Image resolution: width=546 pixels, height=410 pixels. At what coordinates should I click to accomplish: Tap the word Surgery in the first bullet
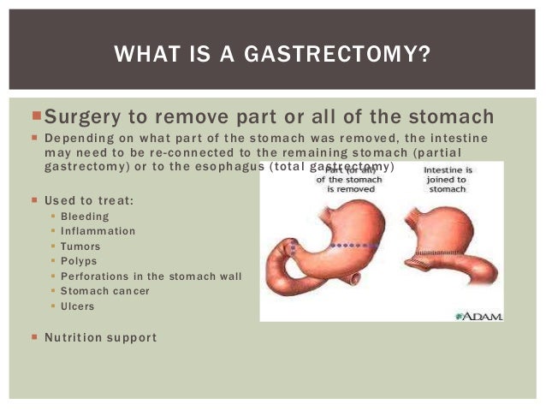click(83, 116)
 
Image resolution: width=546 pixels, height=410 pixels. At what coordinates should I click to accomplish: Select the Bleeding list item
click(84, 217)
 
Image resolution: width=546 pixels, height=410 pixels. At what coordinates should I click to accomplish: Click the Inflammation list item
click(98, 231)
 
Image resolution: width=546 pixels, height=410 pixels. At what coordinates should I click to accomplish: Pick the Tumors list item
click(80, 247)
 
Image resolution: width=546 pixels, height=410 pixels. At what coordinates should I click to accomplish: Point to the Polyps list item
click(79, 261)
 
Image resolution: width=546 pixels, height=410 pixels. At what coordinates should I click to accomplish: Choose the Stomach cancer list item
click(104, 291)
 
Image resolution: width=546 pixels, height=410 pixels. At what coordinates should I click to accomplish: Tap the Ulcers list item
click(78, 306)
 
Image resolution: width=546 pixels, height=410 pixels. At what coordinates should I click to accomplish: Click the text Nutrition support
click(100, 337)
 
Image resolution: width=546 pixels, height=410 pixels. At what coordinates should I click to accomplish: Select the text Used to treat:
click(89, 200)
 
